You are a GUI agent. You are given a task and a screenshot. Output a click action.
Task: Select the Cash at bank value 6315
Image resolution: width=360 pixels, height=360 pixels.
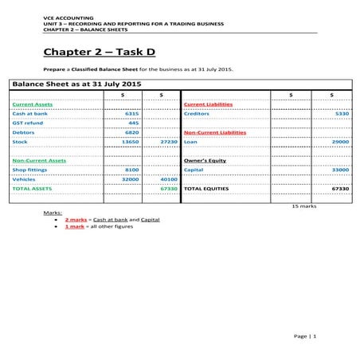click(132, 114)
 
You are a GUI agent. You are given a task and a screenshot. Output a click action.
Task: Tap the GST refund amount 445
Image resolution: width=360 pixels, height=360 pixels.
click(134, 123)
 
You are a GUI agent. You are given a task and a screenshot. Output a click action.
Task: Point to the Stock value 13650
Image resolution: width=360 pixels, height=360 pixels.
click(131, 142)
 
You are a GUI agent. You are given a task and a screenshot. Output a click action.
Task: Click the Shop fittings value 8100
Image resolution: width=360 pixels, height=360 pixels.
click(132, 170)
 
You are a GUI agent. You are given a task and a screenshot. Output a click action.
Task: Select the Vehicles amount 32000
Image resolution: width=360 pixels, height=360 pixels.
click(131, 179)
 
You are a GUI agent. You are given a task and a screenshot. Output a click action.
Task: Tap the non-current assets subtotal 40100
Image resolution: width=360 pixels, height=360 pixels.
click(168, 179)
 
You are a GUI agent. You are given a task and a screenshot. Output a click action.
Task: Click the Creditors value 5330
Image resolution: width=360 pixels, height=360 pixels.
click(342, 114)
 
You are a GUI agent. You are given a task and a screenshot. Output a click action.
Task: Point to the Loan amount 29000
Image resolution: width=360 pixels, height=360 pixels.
click(340, 142)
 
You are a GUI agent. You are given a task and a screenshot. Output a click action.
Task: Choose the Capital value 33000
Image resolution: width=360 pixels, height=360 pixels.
click(340, 170)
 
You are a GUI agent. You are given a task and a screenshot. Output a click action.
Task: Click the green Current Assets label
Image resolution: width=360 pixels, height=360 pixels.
click(33, 104)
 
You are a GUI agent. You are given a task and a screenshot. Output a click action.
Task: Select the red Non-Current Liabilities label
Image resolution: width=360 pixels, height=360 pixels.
click(215, 132)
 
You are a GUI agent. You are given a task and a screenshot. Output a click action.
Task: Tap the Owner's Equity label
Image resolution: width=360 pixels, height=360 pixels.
click(205, 160)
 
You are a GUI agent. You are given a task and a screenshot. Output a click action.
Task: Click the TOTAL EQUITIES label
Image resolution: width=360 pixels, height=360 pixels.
click(206, 189)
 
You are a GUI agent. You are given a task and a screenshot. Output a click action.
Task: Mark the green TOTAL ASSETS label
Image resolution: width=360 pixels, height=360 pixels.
click(33, 189)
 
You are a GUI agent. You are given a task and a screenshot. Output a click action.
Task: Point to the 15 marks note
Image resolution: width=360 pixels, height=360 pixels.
click(304, 205)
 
